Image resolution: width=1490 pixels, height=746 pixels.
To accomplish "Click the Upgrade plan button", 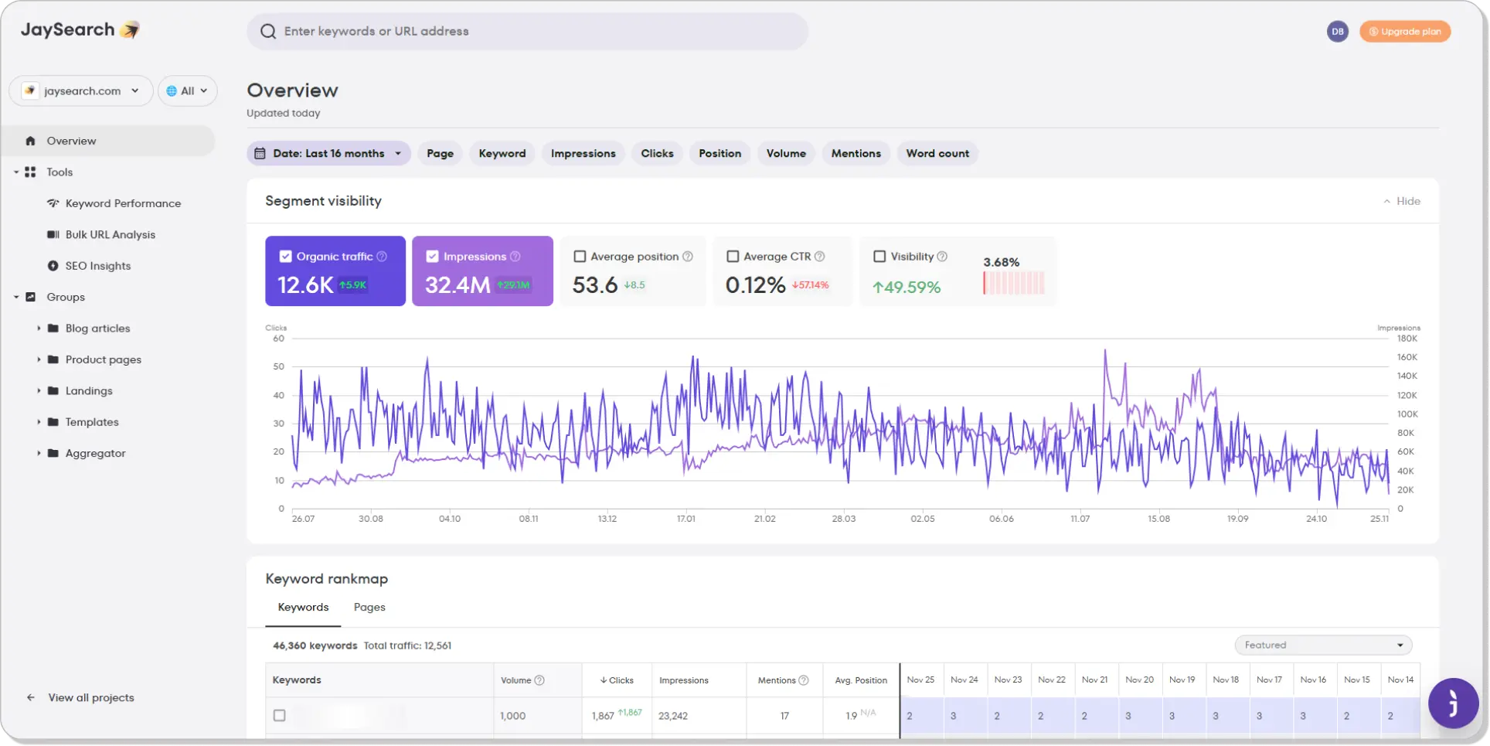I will [x=1404, y=32].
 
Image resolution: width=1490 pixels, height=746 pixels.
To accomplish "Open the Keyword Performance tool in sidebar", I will [x=123, y=203].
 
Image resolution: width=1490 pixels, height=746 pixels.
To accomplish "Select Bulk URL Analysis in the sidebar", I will [x=110, y=235].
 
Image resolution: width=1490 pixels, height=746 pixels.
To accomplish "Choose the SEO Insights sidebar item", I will [x=97, y=266].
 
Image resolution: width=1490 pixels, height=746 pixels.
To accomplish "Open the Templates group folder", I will [x=91, y=422].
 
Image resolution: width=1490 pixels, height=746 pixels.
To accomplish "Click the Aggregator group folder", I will [x=95, y=454].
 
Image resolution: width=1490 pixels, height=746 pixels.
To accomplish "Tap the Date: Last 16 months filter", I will [x=328, y=154].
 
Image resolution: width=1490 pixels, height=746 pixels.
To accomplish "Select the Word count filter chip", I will [x=937, y=154].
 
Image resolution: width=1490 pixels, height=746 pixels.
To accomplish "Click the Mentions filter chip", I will [x=856, y=154].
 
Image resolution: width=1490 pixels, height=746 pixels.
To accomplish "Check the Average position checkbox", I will [x=580, y=257].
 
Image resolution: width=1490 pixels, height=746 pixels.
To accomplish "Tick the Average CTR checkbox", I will [x=733, y=257].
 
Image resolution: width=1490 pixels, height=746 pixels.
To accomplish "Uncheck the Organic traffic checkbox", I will [x=286, y=257].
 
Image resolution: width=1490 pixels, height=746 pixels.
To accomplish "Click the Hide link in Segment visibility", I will [x=1402, y=202].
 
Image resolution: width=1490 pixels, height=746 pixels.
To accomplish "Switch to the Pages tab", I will [x=369, y=608].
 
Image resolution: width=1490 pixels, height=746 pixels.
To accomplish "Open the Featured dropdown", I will [x=1323, y=646].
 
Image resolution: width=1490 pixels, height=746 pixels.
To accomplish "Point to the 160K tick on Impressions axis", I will [x=1407, y=358].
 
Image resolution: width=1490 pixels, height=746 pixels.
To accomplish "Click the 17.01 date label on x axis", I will [x=686, y=519].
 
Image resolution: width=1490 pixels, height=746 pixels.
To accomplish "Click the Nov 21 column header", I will [x=1094, y=680].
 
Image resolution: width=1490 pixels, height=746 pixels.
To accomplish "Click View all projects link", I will [x=90, y=698].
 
